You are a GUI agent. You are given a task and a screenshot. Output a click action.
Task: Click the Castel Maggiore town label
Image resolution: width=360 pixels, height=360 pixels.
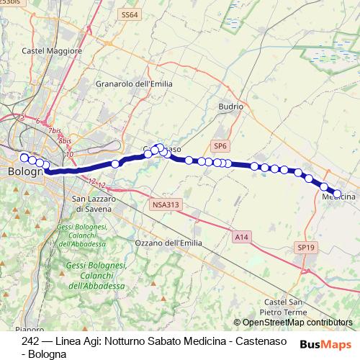click(x=53, y=51)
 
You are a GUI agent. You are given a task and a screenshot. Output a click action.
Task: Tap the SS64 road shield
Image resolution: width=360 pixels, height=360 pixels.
click(x=130, y=14)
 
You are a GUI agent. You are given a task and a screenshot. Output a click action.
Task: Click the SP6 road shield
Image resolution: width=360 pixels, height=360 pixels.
click(x=220, y=146)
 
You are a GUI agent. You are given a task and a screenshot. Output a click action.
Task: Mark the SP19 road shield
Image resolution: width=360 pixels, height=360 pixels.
click(x=305, y=247)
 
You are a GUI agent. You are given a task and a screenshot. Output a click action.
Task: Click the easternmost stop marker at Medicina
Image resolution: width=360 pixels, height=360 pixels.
click(x=337, y=193)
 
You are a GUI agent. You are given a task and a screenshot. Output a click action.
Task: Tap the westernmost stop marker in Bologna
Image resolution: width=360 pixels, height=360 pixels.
click(x=24, y=158)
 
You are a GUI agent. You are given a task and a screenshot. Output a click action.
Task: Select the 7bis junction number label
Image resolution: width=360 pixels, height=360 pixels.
click(x=55, y=131)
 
